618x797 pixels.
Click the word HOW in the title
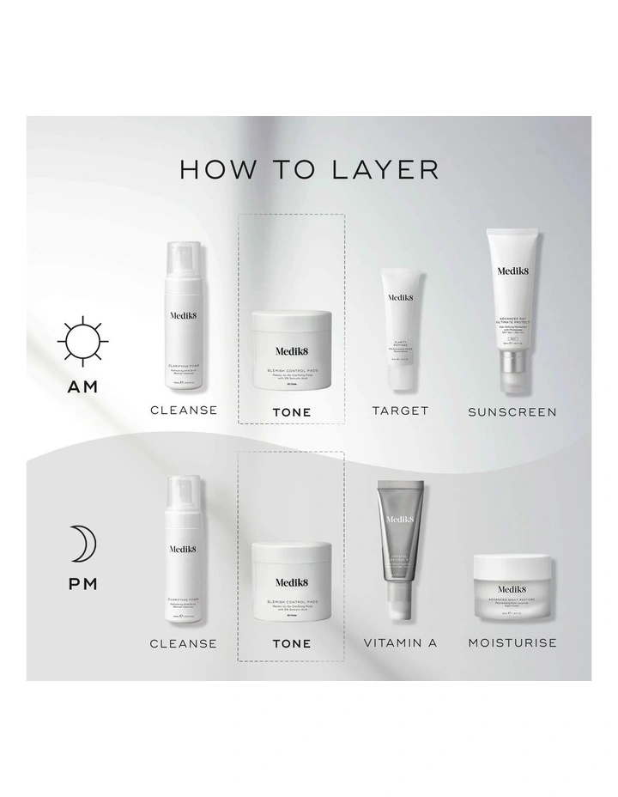click(x=209, y=168)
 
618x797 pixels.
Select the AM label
click(x=82, y=387)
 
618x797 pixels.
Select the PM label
click(x=82, y=585)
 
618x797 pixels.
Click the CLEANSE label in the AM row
click(x=184, y=411)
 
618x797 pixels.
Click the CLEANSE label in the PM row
click(x=184, y=642)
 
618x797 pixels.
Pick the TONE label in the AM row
click(x=292, y=412)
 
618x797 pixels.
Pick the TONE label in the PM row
click(x=292, y=643)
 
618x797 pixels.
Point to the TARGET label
click(x=400, y=411)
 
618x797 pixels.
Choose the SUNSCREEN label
click(x=512, y=412)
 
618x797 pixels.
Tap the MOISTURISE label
click(x=512, y=642)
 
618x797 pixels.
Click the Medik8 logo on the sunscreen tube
click(x=514, y=271)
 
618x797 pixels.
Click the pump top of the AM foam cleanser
click(x=184, y=263)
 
